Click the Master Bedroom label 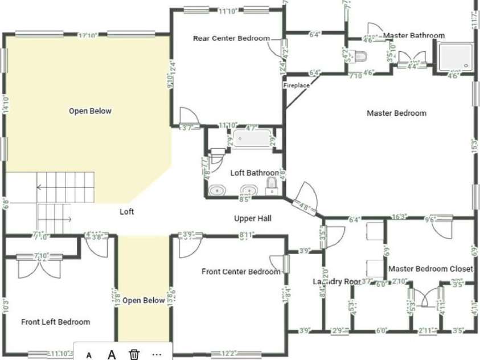point(396,113)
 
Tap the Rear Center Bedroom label point(231,39)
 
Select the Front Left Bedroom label point(56,322)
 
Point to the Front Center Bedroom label point(241,272)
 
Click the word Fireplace point(297,85)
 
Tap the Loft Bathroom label point(255,173)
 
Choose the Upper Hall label point(253,218)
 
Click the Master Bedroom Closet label point(430,268)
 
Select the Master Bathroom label point(414,36)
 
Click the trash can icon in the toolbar point(134,354)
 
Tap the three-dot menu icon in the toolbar point(157,354)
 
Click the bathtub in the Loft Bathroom point(251,138)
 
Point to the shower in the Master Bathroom point(456,57)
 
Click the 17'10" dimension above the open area point(87,35)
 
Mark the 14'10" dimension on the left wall point(5,105)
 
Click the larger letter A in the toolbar point(112,354)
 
